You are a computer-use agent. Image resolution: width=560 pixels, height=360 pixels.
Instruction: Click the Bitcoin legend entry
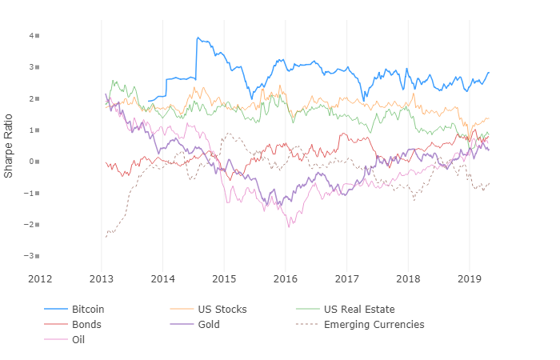point(87,309)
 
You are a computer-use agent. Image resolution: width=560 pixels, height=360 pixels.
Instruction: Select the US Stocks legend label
point(222,309)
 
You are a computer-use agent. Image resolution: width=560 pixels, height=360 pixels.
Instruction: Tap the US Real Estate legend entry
point(358,309)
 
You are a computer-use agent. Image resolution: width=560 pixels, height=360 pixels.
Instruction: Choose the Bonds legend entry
point(86,325)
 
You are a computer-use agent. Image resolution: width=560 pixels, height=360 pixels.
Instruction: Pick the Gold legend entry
point(209,325)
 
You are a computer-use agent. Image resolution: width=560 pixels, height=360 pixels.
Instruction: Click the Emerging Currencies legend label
point(374,325)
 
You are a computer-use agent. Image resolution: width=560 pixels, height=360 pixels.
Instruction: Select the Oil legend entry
point(78,340)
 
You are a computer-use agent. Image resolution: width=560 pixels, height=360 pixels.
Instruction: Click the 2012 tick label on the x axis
point(40,278)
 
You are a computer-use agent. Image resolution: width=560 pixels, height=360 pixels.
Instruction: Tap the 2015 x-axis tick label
point(224,278)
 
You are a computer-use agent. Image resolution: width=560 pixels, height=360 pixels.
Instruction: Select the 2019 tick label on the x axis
point(469,278)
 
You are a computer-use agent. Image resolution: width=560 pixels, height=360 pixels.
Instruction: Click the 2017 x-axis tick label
point(346,278)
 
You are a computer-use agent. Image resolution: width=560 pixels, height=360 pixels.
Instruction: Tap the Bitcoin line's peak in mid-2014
point(197,37)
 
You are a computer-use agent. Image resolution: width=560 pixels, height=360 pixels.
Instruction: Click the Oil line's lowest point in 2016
point(290,226)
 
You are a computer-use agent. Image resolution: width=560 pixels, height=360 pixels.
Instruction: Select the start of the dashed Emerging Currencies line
point(105,237)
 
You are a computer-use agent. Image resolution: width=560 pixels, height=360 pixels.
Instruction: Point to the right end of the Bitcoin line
point(490,73)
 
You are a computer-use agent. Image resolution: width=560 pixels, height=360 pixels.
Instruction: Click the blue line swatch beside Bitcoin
point(54,309)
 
